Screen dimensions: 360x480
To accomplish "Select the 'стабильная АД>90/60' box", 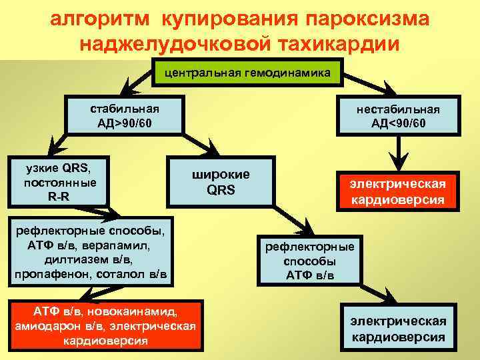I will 124,116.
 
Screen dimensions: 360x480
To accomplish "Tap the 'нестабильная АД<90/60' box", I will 399,116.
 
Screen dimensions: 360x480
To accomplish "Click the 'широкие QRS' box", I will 220,181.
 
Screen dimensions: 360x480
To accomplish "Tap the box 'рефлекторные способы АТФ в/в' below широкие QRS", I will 310,261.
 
